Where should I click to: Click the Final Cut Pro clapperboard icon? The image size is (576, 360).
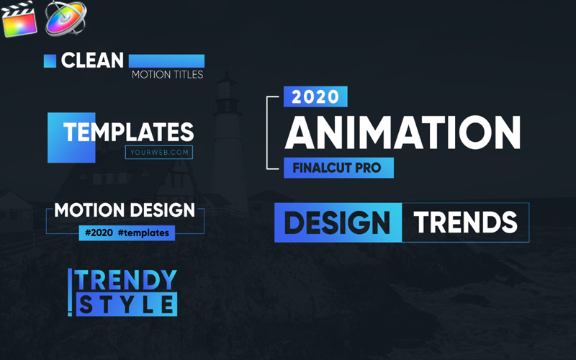pyautogui.click(x=19, y=19)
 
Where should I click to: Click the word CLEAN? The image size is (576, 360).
pyautogui.click(x=92, y=60)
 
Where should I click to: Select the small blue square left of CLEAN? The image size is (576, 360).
pyautogui.click(x=50, y=61)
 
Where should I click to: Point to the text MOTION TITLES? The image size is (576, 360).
pyautogui.click(x=168, y=75)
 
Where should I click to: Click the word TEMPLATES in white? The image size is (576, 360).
pyautogui.click(x=129, y=132)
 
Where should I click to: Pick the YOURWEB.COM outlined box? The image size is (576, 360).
pyautogui.click(x=159, y=153)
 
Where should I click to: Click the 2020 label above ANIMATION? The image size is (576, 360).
pyautogui.click(x=315, y=96)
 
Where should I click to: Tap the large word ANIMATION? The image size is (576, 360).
pyautogui.click(x=402, y=132)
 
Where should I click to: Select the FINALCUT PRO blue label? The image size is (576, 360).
pyautogui.click(x=338, y=168)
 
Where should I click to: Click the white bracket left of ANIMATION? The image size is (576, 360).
pyautogui.click(x=267, y=132)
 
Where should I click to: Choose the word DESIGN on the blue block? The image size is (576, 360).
pyautogui.click(x=337, y=222)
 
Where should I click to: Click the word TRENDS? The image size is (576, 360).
pyautogui.click(x=465, y=222)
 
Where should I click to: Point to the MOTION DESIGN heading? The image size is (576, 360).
pyautogui.click(x=125, y=210)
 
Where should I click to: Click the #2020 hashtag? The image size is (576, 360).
pyautogui.click(x=99, y=233)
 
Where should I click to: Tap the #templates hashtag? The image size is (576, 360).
pyautogui.click(x=143, y=233)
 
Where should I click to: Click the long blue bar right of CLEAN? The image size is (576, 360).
pyautogui.click(x=166, y=61)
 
